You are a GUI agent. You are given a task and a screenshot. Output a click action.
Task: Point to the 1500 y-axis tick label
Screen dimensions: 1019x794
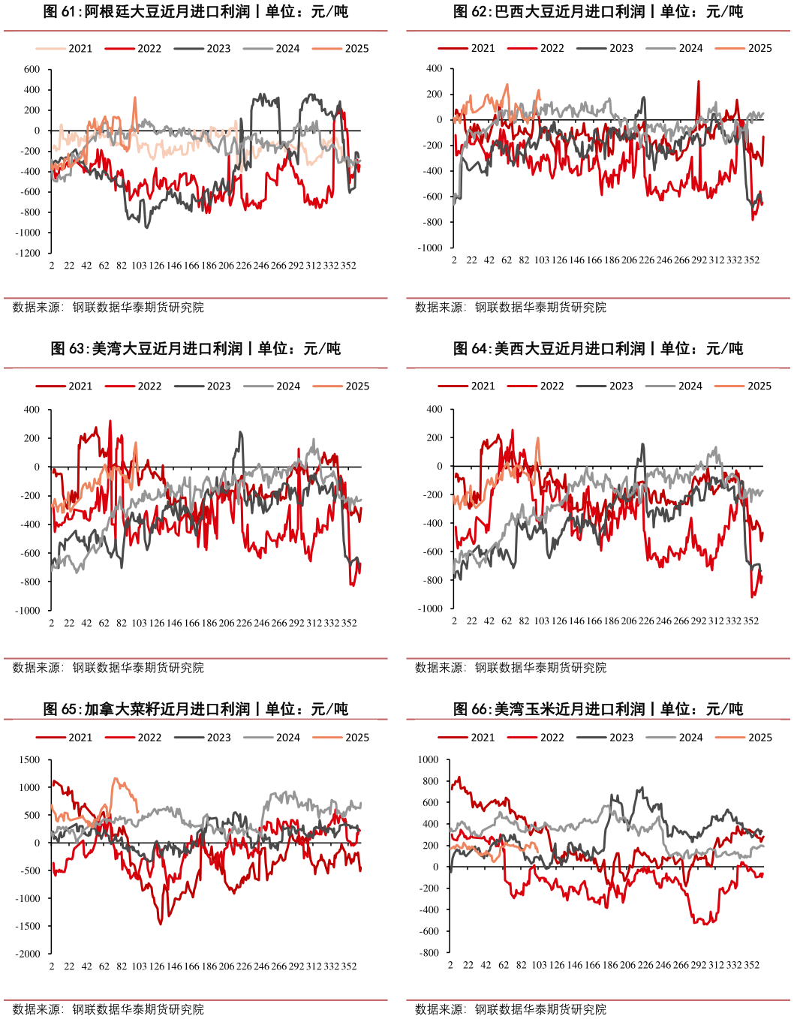30,760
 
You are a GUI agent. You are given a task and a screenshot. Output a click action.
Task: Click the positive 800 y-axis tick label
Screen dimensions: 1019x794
430,781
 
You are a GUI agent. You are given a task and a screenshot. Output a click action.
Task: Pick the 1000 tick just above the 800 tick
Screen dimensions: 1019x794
428,760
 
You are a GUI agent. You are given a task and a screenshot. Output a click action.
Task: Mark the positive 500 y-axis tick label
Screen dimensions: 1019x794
32,816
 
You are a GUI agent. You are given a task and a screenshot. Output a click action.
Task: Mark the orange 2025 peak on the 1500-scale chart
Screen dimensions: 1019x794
116,778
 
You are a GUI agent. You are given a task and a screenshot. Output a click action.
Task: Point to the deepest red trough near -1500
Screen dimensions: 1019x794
161,923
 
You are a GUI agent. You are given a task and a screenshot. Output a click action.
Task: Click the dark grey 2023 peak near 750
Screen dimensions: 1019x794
642,788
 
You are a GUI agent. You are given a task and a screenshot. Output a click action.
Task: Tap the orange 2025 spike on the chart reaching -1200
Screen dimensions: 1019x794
135,98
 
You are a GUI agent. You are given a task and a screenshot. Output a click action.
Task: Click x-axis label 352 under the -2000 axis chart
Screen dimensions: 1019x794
349,966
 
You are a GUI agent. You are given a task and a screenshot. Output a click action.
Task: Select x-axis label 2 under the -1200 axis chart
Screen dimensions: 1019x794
52,266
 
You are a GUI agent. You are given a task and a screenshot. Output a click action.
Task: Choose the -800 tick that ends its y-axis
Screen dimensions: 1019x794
430,953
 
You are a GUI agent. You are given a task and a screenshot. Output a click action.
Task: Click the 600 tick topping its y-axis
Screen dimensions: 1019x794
32,70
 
